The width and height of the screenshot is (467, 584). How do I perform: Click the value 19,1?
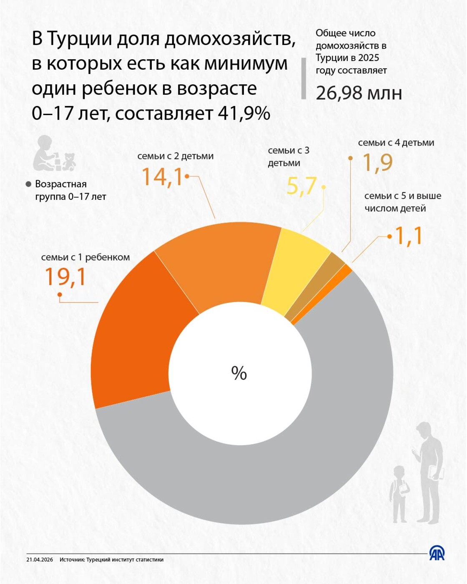[65, 277]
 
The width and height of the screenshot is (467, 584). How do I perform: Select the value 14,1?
[162, 177]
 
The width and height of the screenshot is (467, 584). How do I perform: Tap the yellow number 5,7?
[301, 186]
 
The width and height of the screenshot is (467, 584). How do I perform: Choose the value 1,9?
[377, 163]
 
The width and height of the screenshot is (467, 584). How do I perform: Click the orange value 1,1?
[409, 236]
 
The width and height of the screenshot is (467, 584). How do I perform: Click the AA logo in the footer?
[437, 554]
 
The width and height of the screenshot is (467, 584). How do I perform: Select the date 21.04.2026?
[40, 560]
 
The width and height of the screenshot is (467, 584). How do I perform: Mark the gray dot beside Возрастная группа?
[29, 184]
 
